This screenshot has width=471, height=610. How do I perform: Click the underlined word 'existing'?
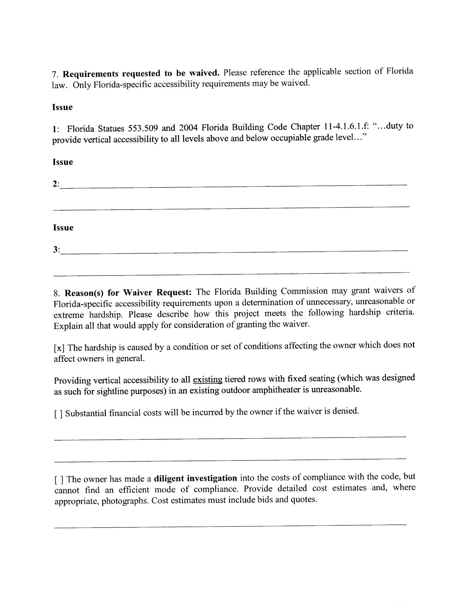(207, 379)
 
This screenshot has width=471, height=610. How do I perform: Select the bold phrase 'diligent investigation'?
(195, 479)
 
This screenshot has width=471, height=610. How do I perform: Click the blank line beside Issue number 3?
(234, 252)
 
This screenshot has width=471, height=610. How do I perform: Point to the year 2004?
(188, 128)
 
